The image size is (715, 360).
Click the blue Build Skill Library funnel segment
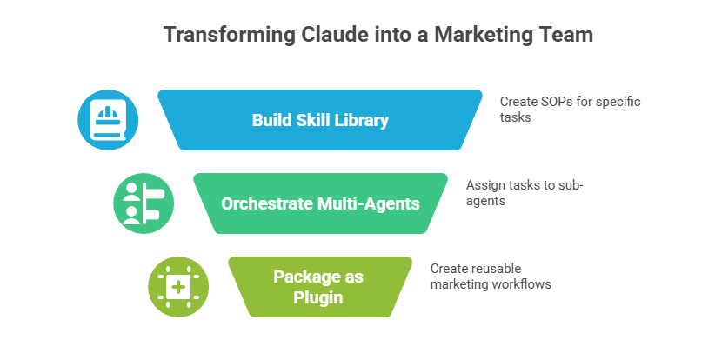click(320, 120)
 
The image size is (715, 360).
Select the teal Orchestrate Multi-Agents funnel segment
click(320, 204)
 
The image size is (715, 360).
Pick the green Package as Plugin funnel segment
click(320, 287)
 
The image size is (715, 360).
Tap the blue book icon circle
click(108, 120)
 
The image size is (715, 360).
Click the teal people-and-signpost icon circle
click(144, 204)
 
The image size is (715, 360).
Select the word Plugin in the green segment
click(320, 297)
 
